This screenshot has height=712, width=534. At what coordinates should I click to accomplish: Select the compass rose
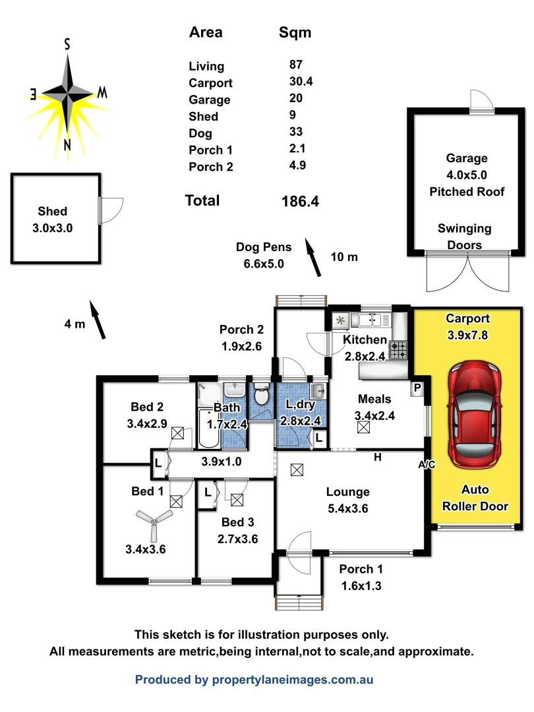coord(68,94)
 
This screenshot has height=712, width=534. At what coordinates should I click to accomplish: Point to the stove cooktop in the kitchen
coord(399,349)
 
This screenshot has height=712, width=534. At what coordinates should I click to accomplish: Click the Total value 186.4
coord(300,202)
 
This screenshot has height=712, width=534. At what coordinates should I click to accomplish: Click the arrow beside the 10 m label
coord(312,258)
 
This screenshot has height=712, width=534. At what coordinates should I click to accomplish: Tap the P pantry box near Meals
coord(417,388)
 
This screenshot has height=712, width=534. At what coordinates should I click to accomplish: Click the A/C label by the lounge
coord(427,465)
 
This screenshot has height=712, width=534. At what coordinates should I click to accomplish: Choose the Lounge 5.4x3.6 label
coord(347,500)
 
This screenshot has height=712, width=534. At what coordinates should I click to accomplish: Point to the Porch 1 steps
coord(299,603)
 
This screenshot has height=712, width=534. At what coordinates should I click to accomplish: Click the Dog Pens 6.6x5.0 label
coord(260,256)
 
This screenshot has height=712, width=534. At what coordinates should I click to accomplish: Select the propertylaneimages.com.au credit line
coord(254,679)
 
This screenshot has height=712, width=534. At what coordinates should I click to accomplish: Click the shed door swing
coord(109,210)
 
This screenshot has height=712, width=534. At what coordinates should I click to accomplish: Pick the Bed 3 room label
coord(237,530)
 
